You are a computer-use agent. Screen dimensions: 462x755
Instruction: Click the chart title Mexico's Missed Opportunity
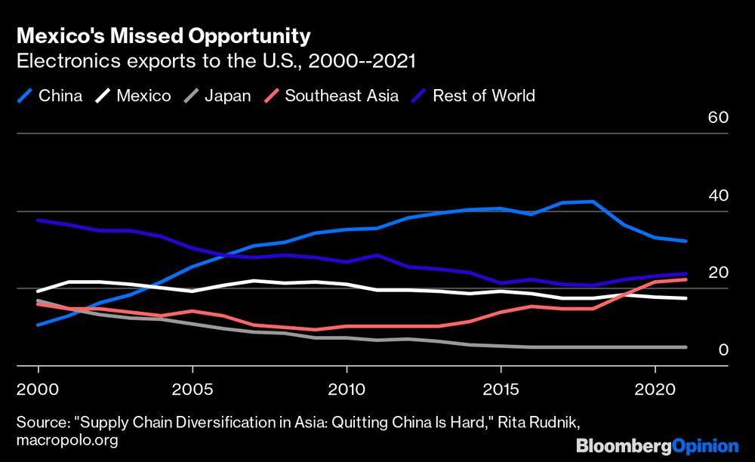(x=163, y=36)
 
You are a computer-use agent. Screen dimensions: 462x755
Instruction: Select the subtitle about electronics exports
(x=216, y=61)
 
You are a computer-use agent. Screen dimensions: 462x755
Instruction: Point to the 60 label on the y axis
(x=717, y=119)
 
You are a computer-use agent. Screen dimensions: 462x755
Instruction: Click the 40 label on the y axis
(x=717, y=196)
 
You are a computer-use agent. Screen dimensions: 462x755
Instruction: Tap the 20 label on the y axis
(x=717, y=273)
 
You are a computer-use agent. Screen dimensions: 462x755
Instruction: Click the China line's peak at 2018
(x=593, y=202)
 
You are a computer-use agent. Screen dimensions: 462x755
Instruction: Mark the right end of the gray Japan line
(x=685, y=347)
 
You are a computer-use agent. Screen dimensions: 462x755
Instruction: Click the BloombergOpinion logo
(x=657, y=445)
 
